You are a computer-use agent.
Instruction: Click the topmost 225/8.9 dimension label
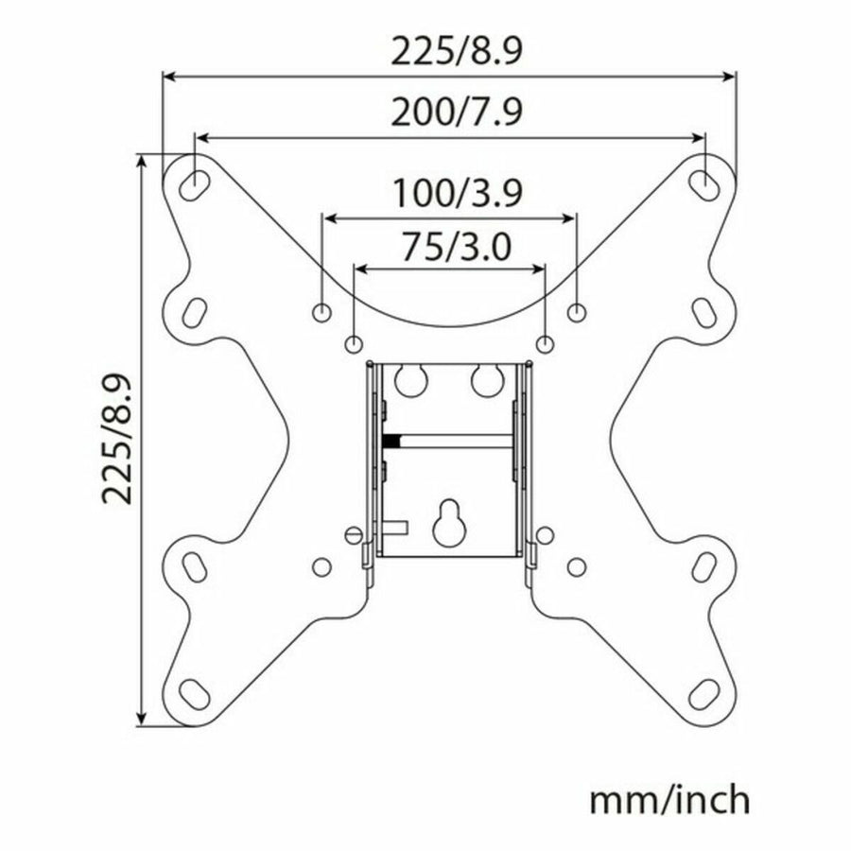pyautogui.click(x=457, y=52)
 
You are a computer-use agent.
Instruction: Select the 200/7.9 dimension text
pyautogui.click(x=457, y=113)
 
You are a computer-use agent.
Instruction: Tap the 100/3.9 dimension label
pyautogui.click(x=457, y=193)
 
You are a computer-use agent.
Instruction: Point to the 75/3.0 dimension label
pyautogui.click(x=456, y=247)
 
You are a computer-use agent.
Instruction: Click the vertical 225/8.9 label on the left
pyautogui.click(x=117, y=439)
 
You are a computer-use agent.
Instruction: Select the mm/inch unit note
pyautogui.click(x=669, y=800)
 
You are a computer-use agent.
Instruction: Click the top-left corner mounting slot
pyautogui.click(x=194, y=183)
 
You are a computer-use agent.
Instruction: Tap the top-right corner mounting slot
pyautogui.click(x=703, y=184)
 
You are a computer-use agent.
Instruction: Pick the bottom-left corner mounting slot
pyautogui.click(x=194, y=694)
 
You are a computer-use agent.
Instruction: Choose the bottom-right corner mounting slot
pyautogui.click(x=703, y=694)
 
